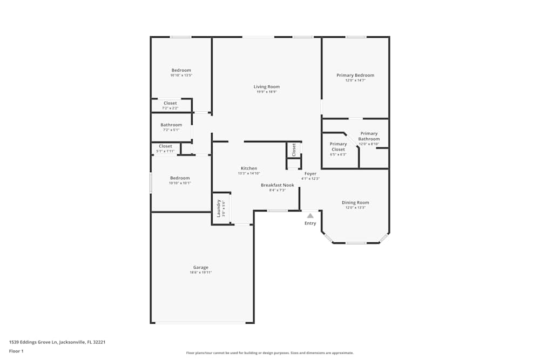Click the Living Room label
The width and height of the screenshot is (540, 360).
pos(267,86)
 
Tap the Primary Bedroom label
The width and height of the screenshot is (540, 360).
pos(355,75)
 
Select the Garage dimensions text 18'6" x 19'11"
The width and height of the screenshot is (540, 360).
pos(200,273)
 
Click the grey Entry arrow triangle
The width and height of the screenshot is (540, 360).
pos(310,215)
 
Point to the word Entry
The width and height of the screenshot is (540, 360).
pos(310,223)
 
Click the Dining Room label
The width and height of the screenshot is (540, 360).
pos(355,202)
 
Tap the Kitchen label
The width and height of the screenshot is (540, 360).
pos(249,168)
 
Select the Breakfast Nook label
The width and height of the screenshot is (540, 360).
pos(278,185)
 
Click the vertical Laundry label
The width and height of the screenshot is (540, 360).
pos(219,208)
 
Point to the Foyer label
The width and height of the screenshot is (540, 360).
pos(310,173)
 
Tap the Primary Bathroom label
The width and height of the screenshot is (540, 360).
pos(369,136)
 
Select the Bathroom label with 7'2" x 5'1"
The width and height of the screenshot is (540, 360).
pos(171,125)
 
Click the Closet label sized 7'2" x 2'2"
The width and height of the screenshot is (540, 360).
pos(170,103)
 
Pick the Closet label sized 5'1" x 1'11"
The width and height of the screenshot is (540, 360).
pos(165,146)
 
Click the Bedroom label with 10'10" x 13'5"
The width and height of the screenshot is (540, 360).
pos(181,70)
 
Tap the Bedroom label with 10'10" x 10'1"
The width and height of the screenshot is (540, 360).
pos(180,178)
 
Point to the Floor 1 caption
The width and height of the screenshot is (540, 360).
pos(16,351)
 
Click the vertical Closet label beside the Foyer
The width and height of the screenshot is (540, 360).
pos(294,150)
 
